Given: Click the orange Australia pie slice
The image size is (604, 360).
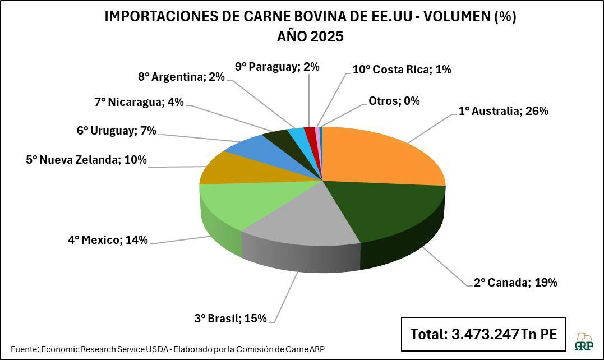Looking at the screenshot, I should (x=381, y=154).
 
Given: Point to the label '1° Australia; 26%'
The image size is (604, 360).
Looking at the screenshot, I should (x=503, y=111).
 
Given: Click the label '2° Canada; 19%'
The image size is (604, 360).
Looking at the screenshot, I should (x=515, y=283).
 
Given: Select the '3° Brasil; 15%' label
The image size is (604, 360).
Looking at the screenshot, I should (x=230, y=319).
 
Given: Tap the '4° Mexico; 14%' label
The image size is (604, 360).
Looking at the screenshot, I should (x=108, y=240).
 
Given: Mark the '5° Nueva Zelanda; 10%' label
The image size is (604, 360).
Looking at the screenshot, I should (x=86, y=160).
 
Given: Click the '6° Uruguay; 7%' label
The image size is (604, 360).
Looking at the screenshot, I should (x=116, y=131).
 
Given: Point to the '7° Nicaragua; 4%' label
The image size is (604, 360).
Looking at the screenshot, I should (x=139, y=102).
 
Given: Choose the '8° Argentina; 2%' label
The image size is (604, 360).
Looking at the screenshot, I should (x=181, y=77).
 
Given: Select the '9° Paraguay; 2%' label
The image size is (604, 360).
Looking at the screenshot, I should (x=277, y=67).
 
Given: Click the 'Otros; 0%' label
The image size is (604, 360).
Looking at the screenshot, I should (x=394, y=101).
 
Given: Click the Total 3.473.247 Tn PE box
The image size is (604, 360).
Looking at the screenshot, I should (x=483, y=334).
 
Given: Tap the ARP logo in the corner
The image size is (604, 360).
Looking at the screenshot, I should (x=585, y=340).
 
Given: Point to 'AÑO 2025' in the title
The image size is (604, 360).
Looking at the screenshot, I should (x=310, y=37).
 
